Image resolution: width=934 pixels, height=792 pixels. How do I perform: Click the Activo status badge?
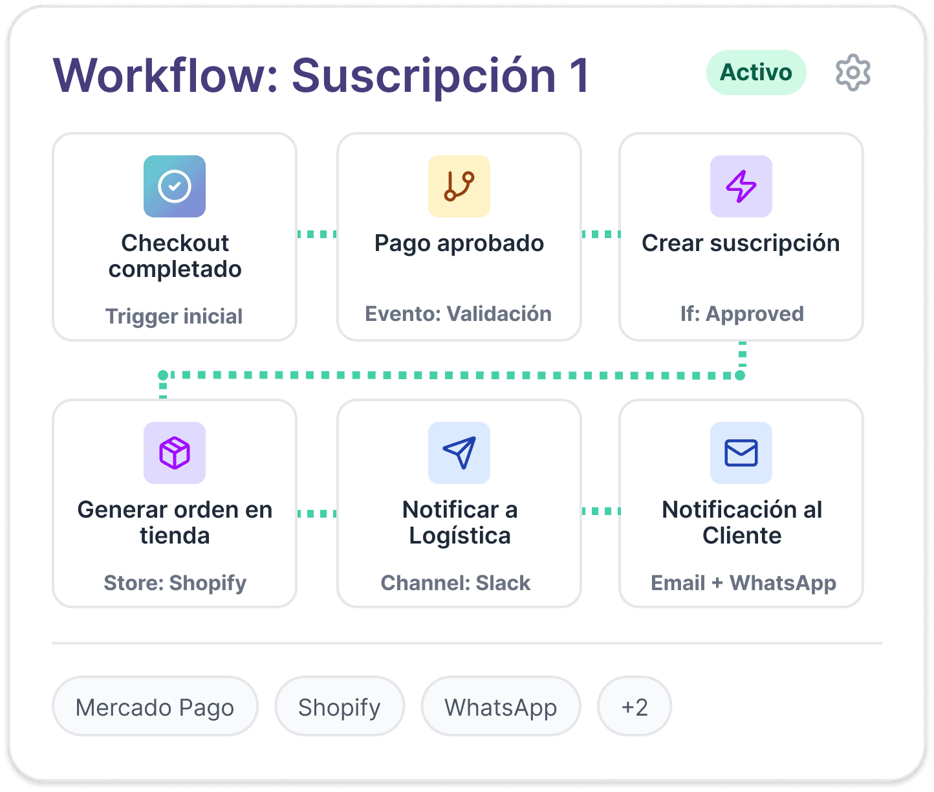click(755, 72)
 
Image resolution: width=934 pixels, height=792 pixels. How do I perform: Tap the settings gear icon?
click(853, 73)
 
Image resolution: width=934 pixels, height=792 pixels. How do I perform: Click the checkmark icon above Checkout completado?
click(175, 186)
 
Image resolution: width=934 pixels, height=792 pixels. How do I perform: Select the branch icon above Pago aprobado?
click(459, 186)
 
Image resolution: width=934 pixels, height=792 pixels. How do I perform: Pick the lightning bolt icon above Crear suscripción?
click(741, 186)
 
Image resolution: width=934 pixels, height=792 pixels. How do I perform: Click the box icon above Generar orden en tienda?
click(175, 453)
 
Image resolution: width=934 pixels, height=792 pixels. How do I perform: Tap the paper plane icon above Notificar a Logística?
click(459, 453)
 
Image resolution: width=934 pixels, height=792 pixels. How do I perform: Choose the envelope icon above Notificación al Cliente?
click(741, 453)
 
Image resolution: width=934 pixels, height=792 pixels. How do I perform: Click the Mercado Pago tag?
click(155, 707)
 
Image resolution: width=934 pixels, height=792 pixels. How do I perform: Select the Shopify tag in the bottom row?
click(340, 707)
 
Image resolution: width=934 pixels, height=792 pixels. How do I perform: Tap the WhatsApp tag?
click(501, 707)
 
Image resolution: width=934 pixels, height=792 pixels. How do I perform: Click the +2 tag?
click(635, 707)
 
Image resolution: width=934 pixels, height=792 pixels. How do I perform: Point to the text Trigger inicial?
click(174, 316)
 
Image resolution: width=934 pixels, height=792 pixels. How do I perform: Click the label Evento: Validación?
click(459, 314)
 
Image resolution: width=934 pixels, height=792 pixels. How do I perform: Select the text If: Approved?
click(742, 314)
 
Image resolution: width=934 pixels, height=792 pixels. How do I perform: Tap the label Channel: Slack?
click(455, 583)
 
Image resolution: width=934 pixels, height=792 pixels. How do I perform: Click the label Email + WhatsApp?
click(743, 583)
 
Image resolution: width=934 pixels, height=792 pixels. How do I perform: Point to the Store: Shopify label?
click(175, 583)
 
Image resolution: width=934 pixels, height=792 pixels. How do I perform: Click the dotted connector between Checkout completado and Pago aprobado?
click(317, 234)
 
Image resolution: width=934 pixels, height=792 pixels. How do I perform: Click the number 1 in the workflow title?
click(579, 76)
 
